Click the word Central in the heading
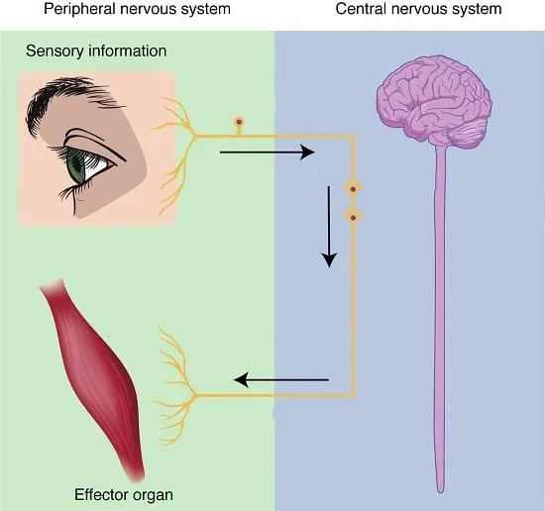pyautogui.click(x=361, y=9)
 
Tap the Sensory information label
pyautogui.click(x=96, y=51)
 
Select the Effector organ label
pyautogui.click(x=124, y=495)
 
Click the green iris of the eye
pyautogui.click(x=77, y=166)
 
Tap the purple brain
pyautogui.click(x=434, y=102)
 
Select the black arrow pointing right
pyautogui.click(x=268, y=153)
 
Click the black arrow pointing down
pyautogui.click(x=329, y=227)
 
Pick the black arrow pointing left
pyautogui.click(x=280, y=379)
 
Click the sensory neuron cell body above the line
pyautogui.click(x=239, y=122)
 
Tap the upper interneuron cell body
pyautogui.click(x=353, y=189)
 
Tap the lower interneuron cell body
pyautogui.click(x=353, y=218)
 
